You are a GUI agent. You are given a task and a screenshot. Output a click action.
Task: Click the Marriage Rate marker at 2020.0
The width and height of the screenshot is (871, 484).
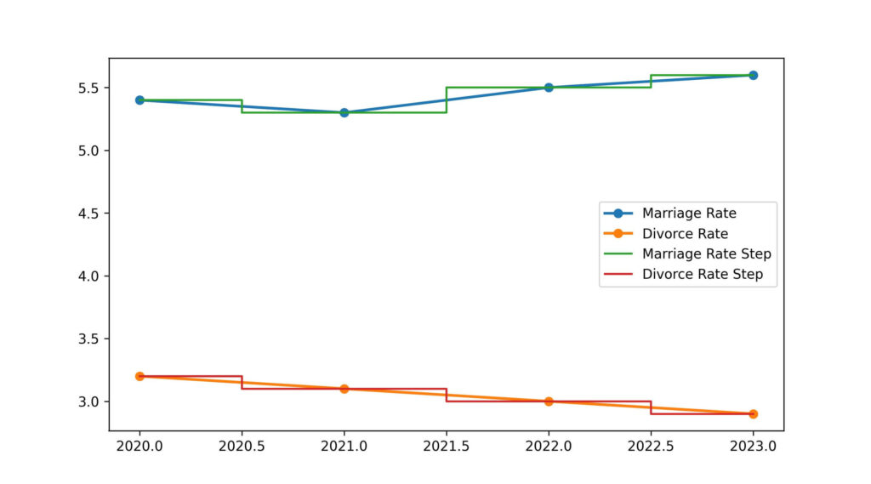click(139, 100)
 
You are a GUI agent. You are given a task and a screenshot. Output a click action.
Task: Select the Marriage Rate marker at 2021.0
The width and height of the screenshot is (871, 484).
click(344, 112)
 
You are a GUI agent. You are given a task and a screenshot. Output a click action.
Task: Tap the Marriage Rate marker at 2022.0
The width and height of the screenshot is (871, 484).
click(549, 88)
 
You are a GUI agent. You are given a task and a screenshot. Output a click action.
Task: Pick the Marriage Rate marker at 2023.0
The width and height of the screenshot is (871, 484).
click(753, 75)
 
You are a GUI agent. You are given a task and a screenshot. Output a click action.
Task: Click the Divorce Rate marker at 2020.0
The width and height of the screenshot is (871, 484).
click(139, 376)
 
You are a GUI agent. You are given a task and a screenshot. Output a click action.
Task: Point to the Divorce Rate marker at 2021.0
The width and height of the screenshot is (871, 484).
click(344, 389)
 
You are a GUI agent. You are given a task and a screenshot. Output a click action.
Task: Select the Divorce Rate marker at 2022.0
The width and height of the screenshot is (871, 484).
click(549, 401)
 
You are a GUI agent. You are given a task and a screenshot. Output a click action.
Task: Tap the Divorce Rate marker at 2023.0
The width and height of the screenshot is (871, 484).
click(753, 413)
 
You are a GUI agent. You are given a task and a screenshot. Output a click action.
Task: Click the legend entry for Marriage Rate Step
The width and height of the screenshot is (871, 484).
click(706, 253)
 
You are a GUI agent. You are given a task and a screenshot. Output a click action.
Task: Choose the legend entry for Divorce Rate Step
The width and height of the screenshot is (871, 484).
click(702, 274)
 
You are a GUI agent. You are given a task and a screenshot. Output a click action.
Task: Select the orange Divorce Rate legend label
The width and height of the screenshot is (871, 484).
click(685, 233)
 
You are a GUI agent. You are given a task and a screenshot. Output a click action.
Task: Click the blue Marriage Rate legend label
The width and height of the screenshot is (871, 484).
click(689, 213)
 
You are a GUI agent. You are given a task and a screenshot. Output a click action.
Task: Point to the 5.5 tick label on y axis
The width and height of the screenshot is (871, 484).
click(89, 88)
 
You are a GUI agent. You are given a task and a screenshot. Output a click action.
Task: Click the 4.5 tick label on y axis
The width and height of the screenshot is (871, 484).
click(89, 214)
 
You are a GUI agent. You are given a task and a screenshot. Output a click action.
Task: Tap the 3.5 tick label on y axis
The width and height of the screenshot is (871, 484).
click(89, 339)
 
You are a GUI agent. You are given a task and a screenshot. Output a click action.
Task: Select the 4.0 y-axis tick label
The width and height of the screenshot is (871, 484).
click(89, 276)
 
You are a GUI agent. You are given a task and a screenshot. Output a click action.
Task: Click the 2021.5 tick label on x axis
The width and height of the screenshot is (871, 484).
click(447, 444)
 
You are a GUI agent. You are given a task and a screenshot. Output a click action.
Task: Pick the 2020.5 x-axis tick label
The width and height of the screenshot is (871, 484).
click(242, 444)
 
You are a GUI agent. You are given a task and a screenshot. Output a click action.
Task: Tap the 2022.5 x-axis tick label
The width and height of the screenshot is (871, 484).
click(651, 444)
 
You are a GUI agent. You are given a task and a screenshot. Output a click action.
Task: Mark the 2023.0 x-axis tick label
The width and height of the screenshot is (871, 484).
click(753, 444)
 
